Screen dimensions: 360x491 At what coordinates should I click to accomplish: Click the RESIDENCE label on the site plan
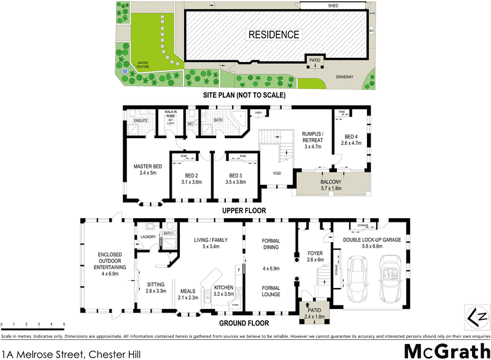[x=274, y=35]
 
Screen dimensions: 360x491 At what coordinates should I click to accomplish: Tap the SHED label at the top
[x=333, y=6]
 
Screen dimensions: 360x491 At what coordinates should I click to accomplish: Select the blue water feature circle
[x=125, y=71]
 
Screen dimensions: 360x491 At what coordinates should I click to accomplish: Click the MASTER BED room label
[x=148, y=166]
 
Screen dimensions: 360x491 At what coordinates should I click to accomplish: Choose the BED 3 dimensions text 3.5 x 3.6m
[x=235, y=182]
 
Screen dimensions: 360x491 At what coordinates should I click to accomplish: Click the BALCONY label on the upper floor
[x=332, y=182]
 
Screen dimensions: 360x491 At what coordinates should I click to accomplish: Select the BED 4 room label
[x=350, y=136]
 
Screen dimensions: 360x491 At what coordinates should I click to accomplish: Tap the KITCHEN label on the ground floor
[x=223, y=288]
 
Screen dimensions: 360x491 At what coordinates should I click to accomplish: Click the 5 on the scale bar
[x=64, y=324]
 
